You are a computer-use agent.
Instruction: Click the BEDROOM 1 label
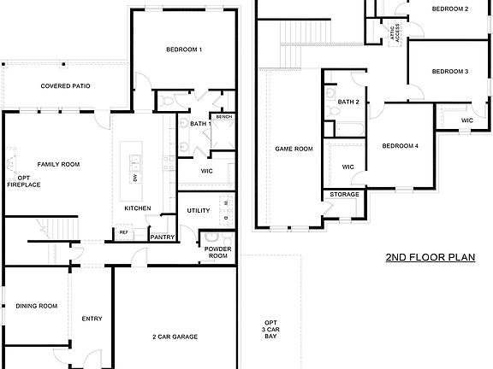click(184, 50)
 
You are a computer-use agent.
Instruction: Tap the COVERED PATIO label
click(66, 86)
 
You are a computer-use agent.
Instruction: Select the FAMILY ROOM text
click(57, 163)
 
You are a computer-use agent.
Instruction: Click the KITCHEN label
click(138, 208)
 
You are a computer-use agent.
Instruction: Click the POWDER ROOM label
click(217, 253)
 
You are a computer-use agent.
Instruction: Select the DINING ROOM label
click(36, 306)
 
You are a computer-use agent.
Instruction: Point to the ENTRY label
click(92, 319)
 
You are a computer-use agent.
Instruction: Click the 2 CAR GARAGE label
click(175, 337)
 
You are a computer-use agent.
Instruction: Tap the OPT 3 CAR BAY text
click(270, 330)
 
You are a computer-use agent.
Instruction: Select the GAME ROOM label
click(294, 149)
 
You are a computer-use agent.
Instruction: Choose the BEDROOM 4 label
click(400, 145)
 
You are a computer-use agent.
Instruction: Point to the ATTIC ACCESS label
click(396, 32)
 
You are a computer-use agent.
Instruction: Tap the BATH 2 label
click(347, 102)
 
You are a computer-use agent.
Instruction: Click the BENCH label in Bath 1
click(223, 117)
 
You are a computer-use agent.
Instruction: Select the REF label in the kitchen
click(124, 231)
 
